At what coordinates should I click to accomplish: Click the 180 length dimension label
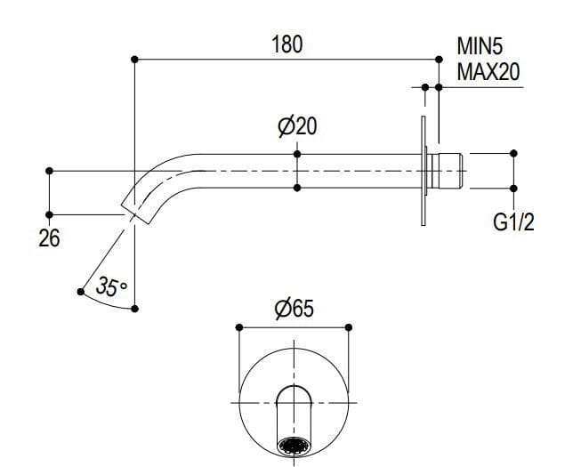click(x=286, y=44)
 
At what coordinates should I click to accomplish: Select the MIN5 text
click(x=481, y=45)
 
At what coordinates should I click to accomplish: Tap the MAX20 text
click(x=488, y=72)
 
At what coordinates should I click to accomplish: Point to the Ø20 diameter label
click(x=297, y=127)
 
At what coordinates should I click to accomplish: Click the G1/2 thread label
click(x=513, y=222)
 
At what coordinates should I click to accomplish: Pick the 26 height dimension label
click(x=50, y=238)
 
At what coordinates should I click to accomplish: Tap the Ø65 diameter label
click(x=293, y=309)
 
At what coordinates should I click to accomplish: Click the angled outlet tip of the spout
click(x=134, y=205)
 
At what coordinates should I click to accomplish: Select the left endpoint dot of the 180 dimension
click(x=134, y=60)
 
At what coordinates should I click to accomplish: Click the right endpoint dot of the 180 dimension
click(x=439, y=60)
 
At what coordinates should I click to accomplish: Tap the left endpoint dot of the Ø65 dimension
click(x=238, y=327)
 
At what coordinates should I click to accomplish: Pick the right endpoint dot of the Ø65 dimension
click(x=348, y=327)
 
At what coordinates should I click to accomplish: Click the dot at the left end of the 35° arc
click(x=80, y=290)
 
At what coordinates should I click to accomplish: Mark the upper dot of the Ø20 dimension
click(x=297, y=154)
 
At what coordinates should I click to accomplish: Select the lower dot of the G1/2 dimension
click(x=513, y=188)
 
